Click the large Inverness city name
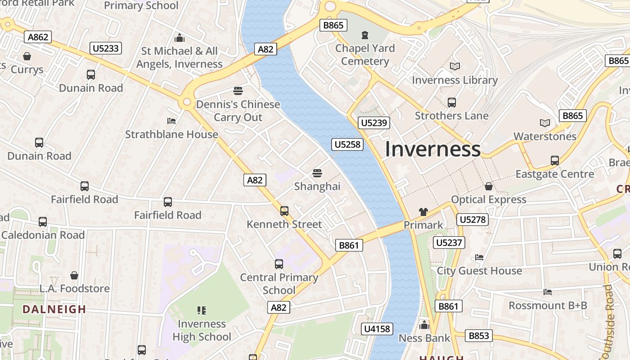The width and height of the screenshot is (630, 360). click(432, 149)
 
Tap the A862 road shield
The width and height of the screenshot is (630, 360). click(38, 37)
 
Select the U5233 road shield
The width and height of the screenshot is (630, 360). click(106, 48)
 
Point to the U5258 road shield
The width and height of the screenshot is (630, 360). click(347, 144)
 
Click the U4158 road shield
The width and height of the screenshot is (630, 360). click(377, 329)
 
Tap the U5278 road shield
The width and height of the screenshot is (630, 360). click(472, 220)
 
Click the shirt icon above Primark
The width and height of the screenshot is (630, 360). click(423, 211)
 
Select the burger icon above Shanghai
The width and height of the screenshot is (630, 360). click(317, 173)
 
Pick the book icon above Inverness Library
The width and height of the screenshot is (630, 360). click(455, 67)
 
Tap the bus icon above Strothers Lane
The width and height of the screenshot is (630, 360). click(451, 103)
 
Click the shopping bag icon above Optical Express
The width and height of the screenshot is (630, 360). click(489, 186)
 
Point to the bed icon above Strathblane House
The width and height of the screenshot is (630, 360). click(171, 121)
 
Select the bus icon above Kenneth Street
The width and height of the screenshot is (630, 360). click(284, 211)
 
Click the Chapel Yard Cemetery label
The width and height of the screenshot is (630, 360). click(365, 54)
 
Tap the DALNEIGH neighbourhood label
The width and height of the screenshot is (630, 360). click(54, 310)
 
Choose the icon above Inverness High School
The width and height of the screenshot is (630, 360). click(202, 310)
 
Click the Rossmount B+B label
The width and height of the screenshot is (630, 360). click(548, 306)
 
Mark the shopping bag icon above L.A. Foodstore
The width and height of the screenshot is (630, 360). click(74, 275)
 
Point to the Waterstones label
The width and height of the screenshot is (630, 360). click(545, 136)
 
